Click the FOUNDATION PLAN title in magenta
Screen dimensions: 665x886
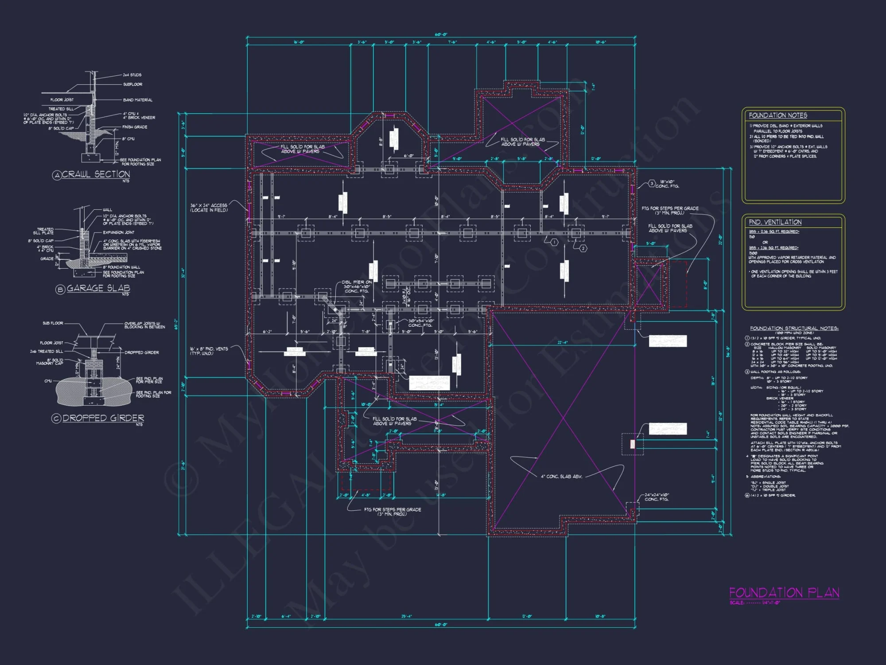tap(784, 593)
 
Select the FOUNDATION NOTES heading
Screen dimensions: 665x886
tap(777, 115)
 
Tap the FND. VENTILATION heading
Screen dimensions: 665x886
tap(775, 222)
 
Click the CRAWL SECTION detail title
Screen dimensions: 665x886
tap(96, 174)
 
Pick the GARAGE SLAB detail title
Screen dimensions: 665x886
tap(98, 288)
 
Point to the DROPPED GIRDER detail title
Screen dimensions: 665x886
tap(103, 418)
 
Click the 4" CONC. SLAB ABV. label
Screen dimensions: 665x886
tap(561, 477)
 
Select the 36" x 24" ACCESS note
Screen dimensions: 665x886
tap(209, 207)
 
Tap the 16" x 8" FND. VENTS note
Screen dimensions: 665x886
tap(209, 351)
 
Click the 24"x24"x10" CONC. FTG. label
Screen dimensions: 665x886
tap(656, 497)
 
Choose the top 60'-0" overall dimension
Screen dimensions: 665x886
tap(440, 35)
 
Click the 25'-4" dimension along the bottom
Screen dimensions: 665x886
tap(406, 616)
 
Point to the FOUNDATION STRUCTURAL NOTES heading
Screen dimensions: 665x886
tap(794, 328)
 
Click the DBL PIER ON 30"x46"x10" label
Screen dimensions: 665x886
tap(357, 286)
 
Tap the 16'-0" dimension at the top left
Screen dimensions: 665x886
tap(299, 43)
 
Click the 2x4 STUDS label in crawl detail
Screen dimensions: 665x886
tap(132, 75)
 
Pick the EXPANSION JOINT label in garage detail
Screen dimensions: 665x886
tap(118, 232)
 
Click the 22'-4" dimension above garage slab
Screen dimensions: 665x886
tap(562, 342)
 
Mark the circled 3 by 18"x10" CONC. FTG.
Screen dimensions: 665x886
tap(652, 184)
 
